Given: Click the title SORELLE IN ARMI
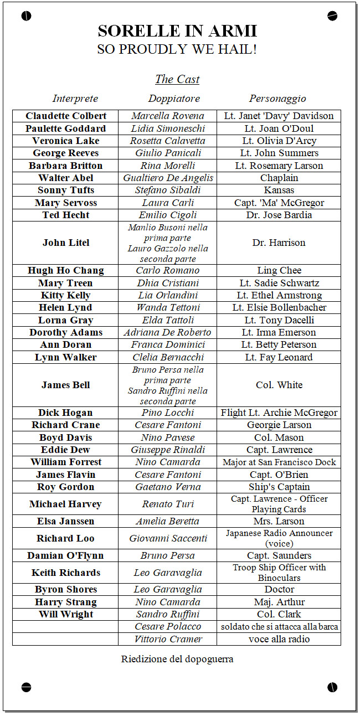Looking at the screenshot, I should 177,30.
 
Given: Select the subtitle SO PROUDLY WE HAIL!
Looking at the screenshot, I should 177,49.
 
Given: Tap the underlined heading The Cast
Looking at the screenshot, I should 177,79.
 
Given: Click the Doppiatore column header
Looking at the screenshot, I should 174,99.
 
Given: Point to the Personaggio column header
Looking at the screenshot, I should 277,99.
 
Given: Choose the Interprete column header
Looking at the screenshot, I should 75,99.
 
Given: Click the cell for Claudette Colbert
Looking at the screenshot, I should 65,116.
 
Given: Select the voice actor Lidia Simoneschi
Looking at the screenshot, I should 168,128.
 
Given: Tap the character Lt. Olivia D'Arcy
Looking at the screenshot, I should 279,141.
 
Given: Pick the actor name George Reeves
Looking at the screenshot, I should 65,153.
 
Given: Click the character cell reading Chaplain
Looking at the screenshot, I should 279,178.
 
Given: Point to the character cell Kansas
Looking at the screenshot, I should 279,190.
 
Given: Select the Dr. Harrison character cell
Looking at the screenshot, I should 279,243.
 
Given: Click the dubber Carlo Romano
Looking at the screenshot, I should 168,270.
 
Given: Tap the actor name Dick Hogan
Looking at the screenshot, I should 65,413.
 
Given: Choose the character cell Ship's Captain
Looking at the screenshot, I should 279,487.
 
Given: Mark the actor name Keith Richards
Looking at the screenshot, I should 65,573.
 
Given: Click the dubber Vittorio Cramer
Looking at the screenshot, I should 168,639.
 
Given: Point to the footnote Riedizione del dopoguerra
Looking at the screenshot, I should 177,659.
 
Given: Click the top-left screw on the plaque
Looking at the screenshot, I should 26,16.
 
